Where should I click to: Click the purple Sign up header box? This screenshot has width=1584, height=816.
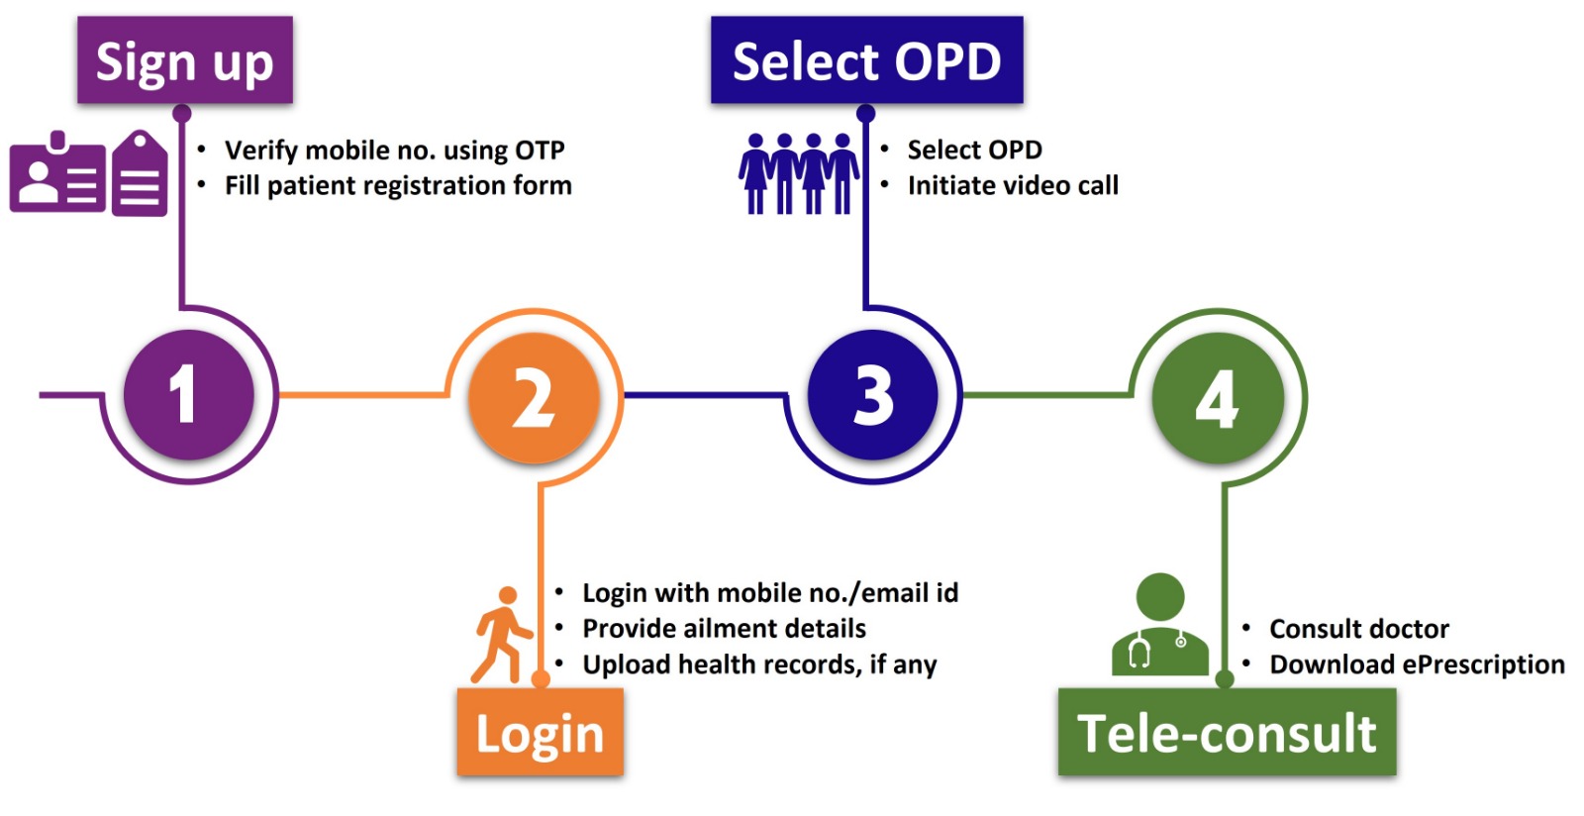[x=184, y=60]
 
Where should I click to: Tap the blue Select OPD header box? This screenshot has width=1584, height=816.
[x=866, y=60]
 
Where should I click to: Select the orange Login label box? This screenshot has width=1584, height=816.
[x=540, y=733]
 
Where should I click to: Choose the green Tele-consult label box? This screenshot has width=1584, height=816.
[x=1227, y=733]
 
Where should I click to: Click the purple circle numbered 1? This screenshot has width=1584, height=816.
[x=188, y=394]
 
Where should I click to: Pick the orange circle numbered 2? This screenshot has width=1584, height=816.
[x=534, y=397]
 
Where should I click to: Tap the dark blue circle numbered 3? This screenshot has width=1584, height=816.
[x=872, y=394]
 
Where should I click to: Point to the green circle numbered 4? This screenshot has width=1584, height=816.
[x=1218, y=398]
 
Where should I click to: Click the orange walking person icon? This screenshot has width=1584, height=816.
[x=502, y=635]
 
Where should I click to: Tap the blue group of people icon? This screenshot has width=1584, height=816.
[x=798, y=174]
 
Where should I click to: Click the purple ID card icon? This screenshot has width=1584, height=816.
[x=57, y=175]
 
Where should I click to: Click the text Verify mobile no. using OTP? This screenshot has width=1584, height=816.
[x=394, y=151]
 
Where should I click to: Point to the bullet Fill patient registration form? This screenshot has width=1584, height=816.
[x=398, y=186]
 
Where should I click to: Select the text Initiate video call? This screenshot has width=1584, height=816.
[x=1013, y=186]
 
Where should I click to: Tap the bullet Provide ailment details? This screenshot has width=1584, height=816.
[x=724, y=629]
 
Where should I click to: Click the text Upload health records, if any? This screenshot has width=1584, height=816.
[x=759, y=664]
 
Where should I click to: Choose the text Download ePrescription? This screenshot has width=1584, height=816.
[x=1417, y=664]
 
